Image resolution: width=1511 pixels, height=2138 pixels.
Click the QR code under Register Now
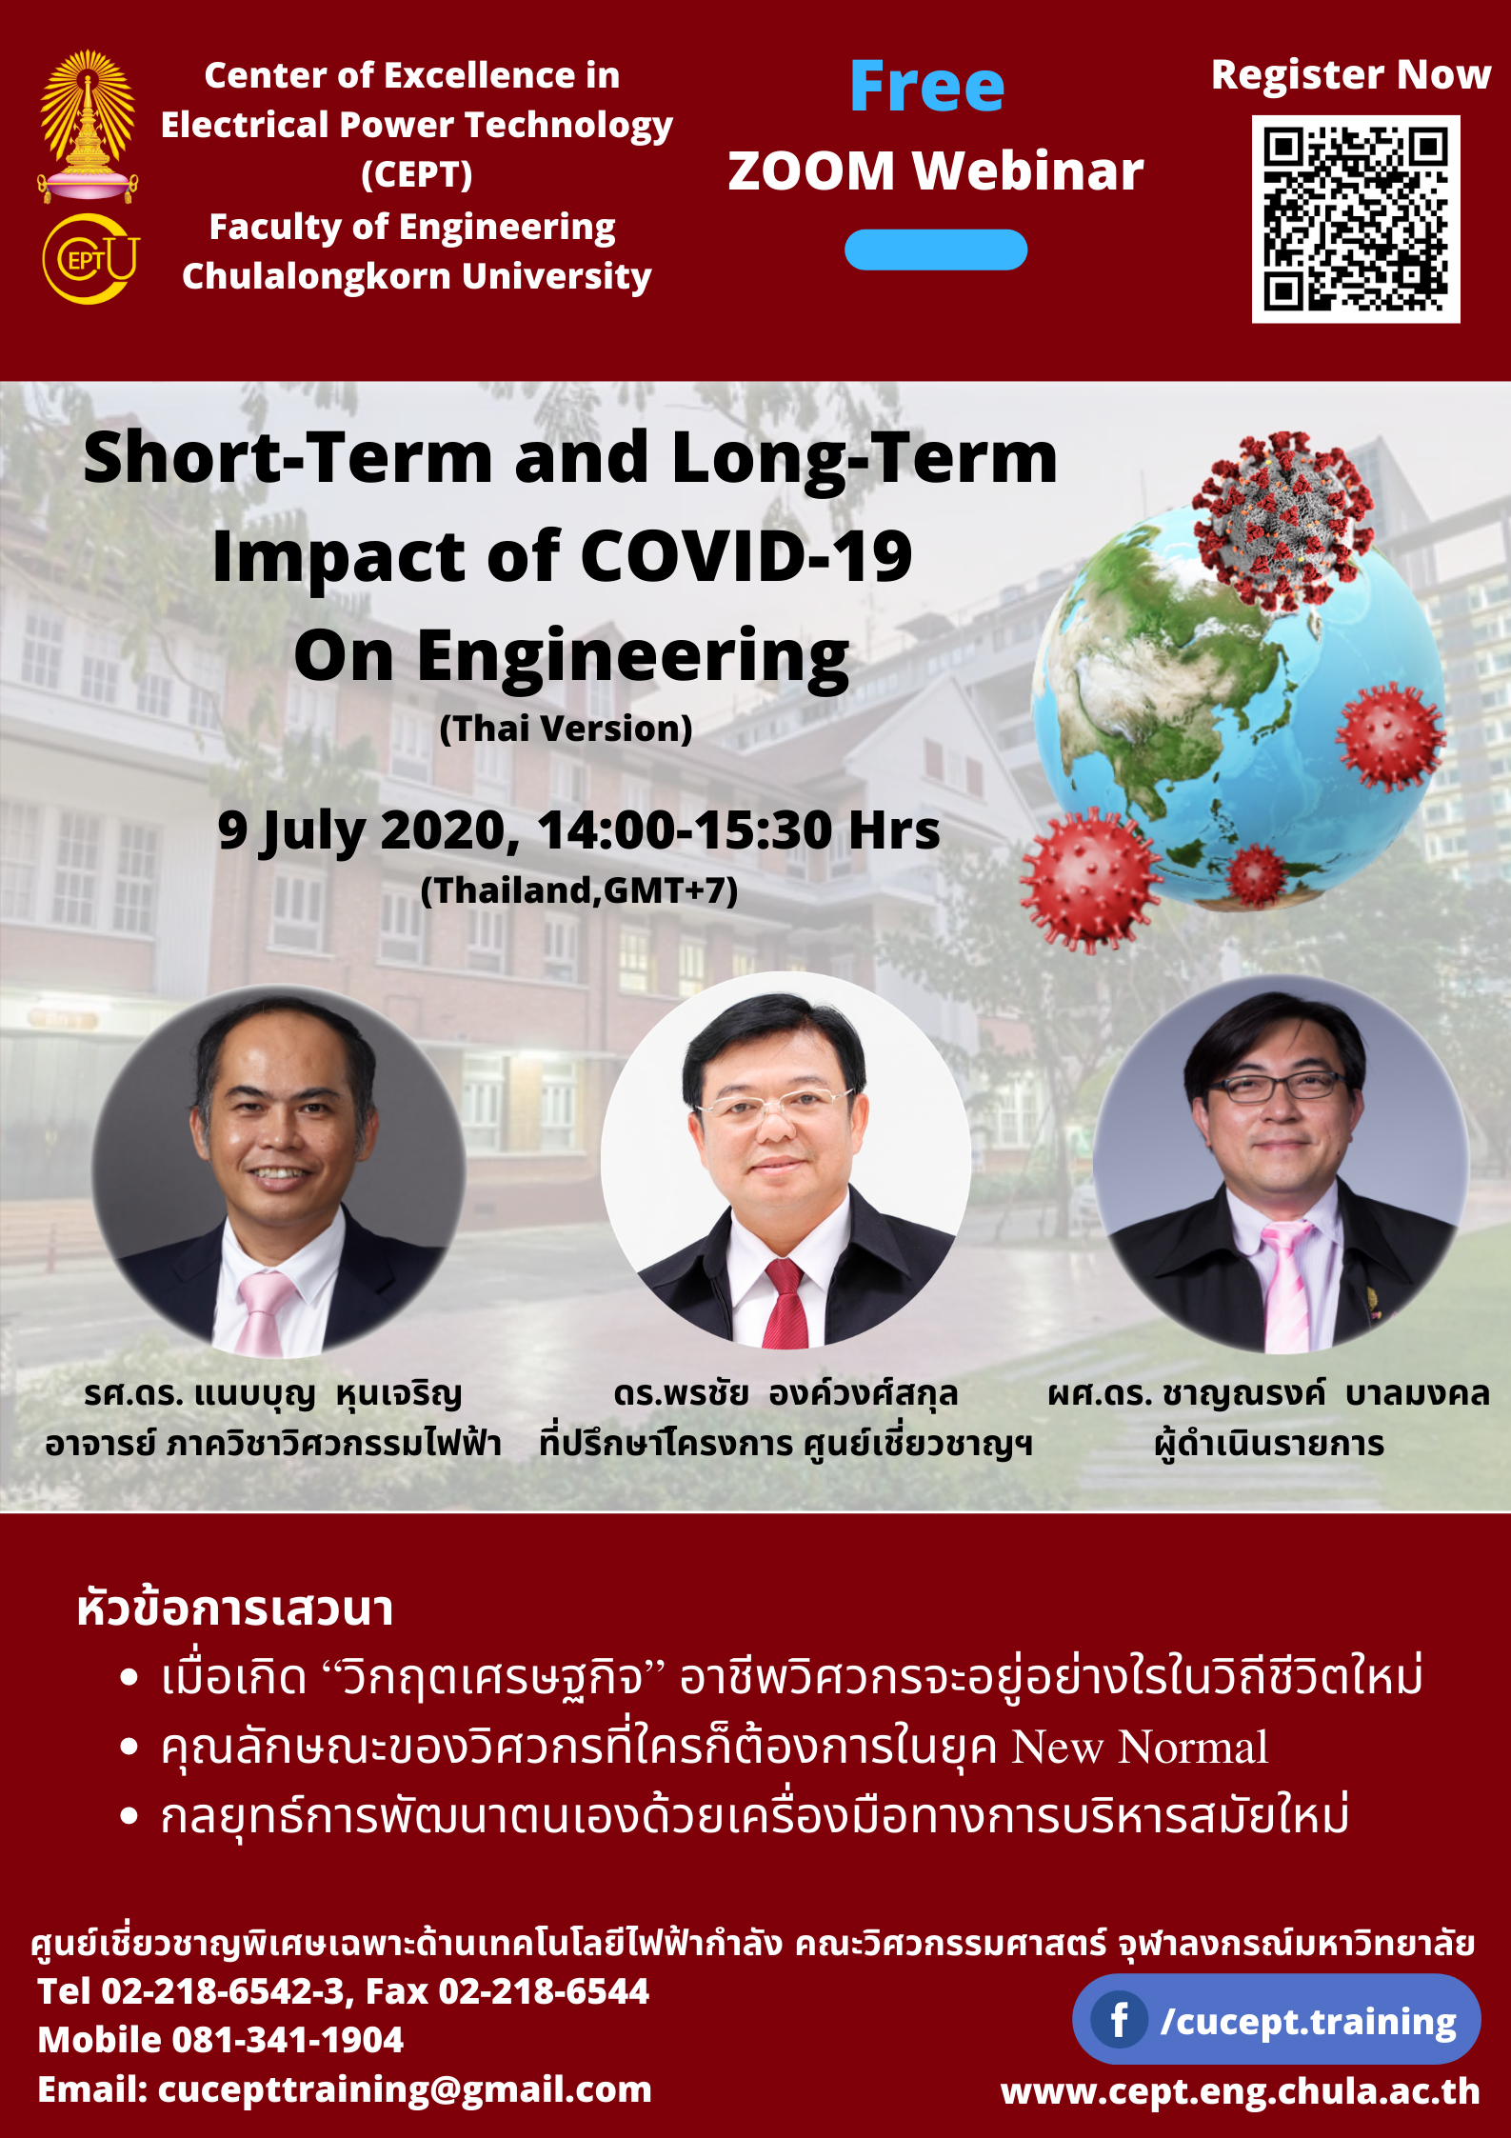[x=1355, y=219]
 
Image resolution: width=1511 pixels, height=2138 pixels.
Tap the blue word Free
[x=926, y=87]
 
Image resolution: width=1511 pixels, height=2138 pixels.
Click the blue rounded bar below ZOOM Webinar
[x=936, y=250]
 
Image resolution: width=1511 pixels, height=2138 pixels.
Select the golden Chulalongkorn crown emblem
[x=88, y=125]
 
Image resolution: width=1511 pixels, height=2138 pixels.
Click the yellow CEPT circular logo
[x=90, y=259]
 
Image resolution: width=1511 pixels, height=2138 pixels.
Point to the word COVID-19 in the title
[x=746, y=556]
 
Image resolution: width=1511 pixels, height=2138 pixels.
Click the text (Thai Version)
[x=566, y=729]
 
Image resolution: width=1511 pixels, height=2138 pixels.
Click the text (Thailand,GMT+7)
[x=579, y=890]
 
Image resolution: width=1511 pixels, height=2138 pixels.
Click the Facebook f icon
[x=1119, y=2021]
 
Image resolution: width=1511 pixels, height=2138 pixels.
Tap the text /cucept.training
[x=1308, y=2022]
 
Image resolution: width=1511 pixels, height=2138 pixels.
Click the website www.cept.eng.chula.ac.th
[x=1240, y=2091]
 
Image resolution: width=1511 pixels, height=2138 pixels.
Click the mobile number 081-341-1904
[x=288, y=2040]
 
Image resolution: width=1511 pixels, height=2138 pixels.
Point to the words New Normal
[x=1140, y=1748]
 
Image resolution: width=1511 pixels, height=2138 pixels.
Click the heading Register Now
[x=1350, y=74]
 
